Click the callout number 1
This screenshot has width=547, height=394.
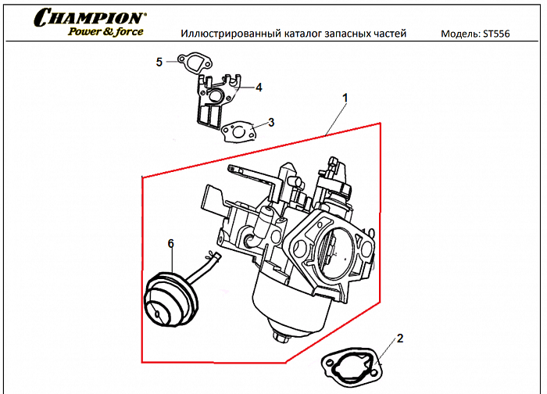coord(345,98)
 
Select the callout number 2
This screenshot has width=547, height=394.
coord(400,338)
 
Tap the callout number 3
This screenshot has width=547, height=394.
coord(270,121)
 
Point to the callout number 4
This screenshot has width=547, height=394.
coord(258,87)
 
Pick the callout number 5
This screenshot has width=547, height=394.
coord(159,62)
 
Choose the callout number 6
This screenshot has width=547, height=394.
coord(170,244)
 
